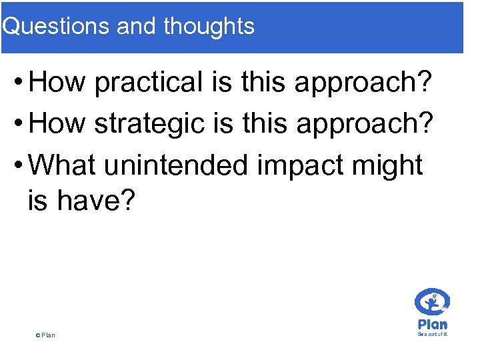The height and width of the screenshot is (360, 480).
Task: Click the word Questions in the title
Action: (57, 26)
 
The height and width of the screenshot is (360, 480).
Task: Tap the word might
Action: (390, 165)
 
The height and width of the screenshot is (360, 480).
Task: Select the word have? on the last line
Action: (97, 200)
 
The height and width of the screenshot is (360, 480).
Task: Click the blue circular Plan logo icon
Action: (432, 303)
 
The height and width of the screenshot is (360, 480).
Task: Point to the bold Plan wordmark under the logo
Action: (432, 324)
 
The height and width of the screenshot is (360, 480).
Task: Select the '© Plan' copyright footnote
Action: (45, 335)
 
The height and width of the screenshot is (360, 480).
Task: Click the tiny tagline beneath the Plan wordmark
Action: (432, 334)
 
